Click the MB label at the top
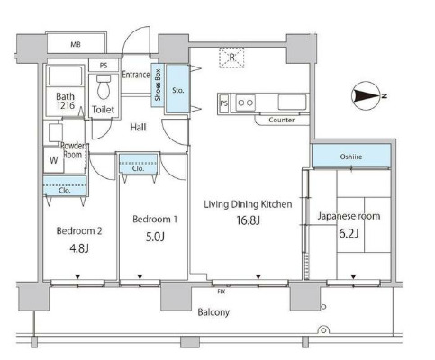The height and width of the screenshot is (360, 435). point(76,45)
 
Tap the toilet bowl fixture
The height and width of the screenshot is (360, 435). point(104,87)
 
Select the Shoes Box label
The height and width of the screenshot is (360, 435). point(158,85)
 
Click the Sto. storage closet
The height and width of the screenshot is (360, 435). point(177,89)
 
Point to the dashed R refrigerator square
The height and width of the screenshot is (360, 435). point(231,58)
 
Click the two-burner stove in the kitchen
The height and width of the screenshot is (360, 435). point(246,103)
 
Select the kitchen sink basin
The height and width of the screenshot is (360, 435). point(292,103)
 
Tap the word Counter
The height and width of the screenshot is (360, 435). point(282,120)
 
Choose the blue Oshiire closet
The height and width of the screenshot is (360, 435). point(351,156)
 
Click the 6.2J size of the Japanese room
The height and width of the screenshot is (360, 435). point(349,233)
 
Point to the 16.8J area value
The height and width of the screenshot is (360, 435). point(249,220)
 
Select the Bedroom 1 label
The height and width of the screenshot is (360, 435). point(155,220)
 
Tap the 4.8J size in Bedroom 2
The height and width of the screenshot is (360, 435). point(79,248)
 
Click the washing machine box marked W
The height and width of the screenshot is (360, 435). point(53,160)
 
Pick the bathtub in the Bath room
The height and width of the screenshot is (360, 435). point(65,76)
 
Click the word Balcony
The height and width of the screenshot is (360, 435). point(213,312)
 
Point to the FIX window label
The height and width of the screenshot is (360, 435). point(222,292)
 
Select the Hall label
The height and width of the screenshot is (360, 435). point(138,127)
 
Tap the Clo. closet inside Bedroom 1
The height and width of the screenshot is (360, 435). point(138,164)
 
